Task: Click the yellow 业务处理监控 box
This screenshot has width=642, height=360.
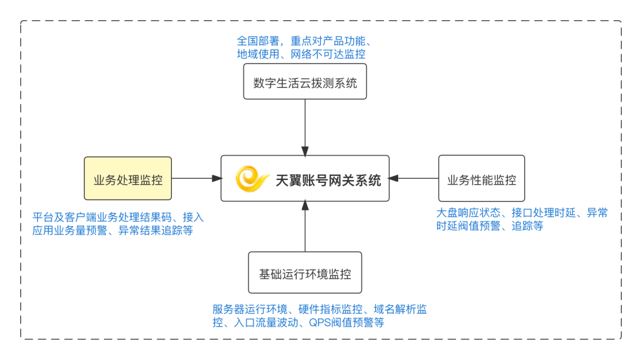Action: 128,178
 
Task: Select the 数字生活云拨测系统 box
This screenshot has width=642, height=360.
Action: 305,83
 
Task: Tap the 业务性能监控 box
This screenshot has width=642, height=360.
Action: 481,178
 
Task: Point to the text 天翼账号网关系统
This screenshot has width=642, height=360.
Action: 328,180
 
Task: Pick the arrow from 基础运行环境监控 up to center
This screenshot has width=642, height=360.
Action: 305,226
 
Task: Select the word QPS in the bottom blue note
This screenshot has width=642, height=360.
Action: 320,323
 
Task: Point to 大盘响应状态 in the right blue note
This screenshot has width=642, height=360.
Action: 467,213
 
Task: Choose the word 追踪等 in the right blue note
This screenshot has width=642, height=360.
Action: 528,226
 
